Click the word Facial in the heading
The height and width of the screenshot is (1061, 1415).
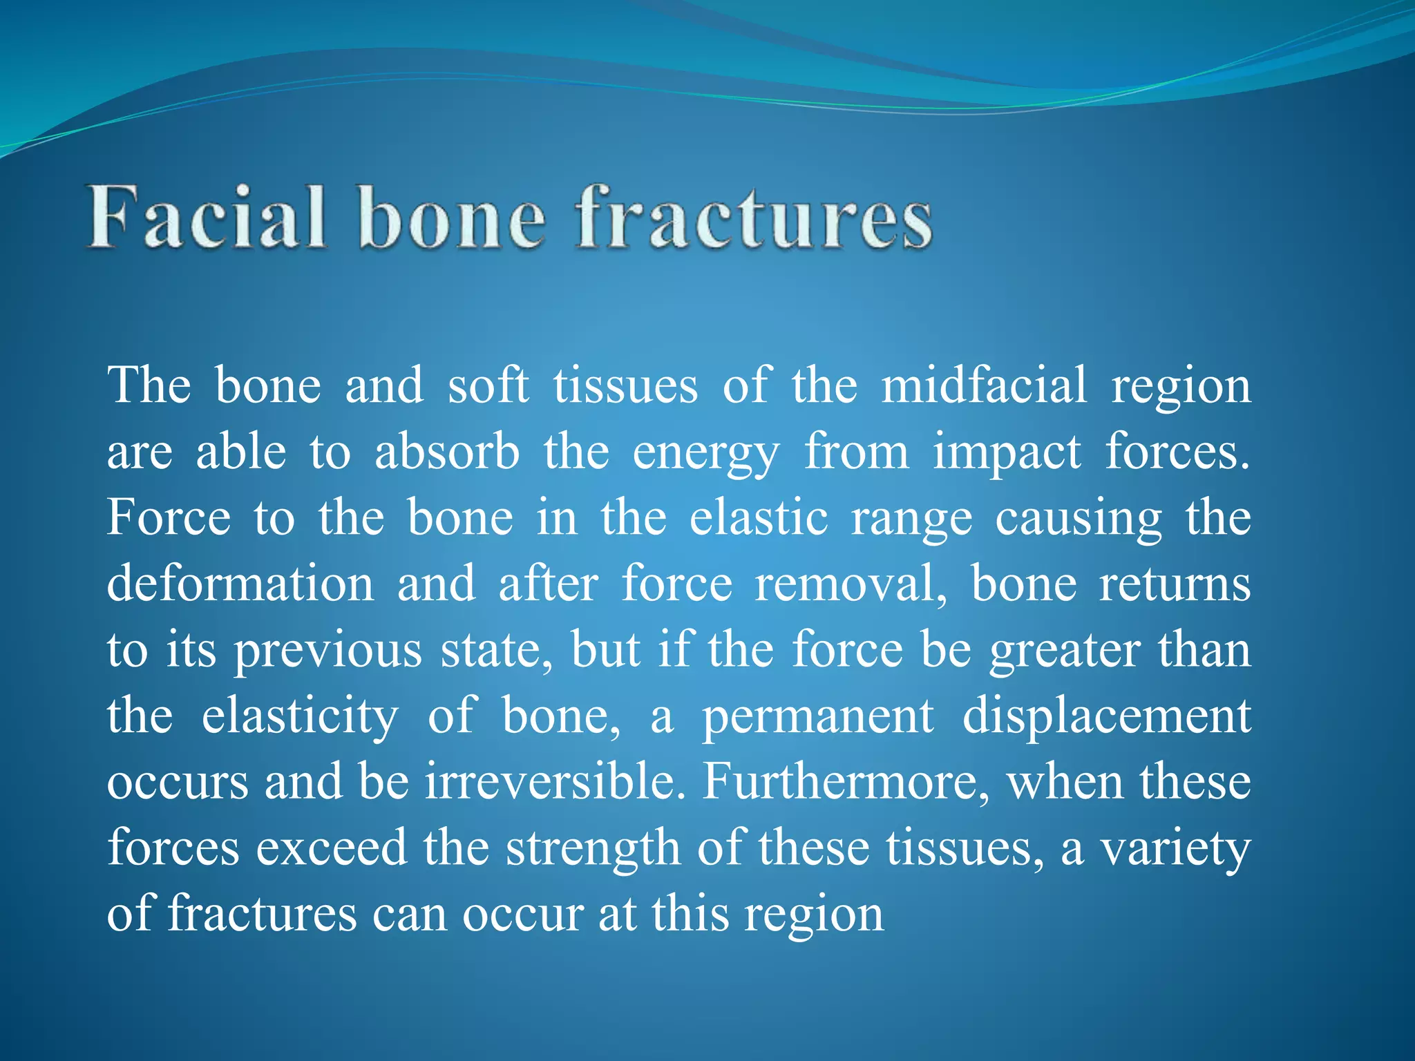point(206,218)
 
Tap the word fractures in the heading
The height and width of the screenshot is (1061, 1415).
point(754,218)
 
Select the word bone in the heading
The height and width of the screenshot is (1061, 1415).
point(453,218)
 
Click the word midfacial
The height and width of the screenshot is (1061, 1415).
point(984,385)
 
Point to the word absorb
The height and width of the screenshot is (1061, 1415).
point(447,452)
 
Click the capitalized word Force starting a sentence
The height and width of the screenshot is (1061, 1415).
point(168,517)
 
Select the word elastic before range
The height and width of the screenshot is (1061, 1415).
point(758,517)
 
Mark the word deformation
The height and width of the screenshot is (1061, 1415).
point(240,584)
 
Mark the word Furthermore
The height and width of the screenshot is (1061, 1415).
point(846,782)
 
